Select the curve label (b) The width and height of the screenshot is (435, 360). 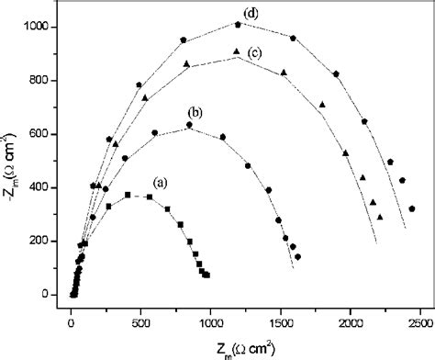[195, 112]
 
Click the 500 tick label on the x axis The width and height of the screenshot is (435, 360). [141, 324]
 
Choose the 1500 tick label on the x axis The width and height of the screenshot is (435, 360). [281, 324]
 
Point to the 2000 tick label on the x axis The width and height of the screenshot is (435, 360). [351, 324]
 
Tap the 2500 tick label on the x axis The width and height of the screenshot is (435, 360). [420, 324]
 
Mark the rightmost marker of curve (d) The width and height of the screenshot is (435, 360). [412, 208]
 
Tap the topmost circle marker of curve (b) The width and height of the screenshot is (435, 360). [189, 125]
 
